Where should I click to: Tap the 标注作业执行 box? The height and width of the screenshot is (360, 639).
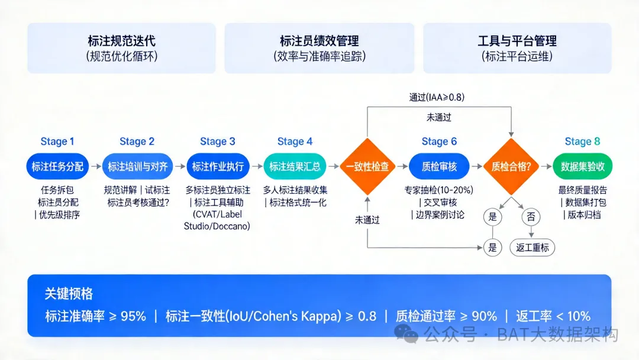[x=218, y=166]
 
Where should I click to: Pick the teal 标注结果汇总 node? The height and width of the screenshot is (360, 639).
[x=295, y=166]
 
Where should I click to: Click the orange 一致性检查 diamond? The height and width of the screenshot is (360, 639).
[x=368, y=166]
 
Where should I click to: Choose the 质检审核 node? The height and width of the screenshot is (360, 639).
[x=439, y=166]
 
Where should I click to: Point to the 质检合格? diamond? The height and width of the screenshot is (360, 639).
[x=511, y=166]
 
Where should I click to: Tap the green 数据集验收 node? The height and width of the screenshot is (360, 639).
[x=582, y=166]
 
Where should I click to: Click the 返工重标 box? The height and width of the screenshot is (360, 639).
[x=532, y=247]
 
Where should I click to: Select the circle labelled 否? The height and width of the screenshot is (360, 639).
[x=530, y=217]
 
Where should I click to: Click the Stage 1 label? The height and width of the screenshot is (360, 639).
[x=57, y=142]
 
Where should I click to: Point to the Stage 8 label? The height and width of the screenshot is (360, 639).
[x=582, y=142]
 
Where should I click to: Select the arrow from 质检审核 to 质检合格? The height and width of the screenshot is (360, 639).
[x=476, y=166]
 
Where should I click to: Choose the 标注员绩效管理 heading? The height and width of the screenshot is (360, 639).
[x=319, y=41]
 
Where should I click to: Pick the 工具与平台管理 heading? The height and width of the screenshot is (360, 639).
[x=517, y=41]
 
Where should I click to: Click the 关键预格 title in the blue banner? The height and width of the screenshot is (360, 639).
[x=69, y=294]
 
